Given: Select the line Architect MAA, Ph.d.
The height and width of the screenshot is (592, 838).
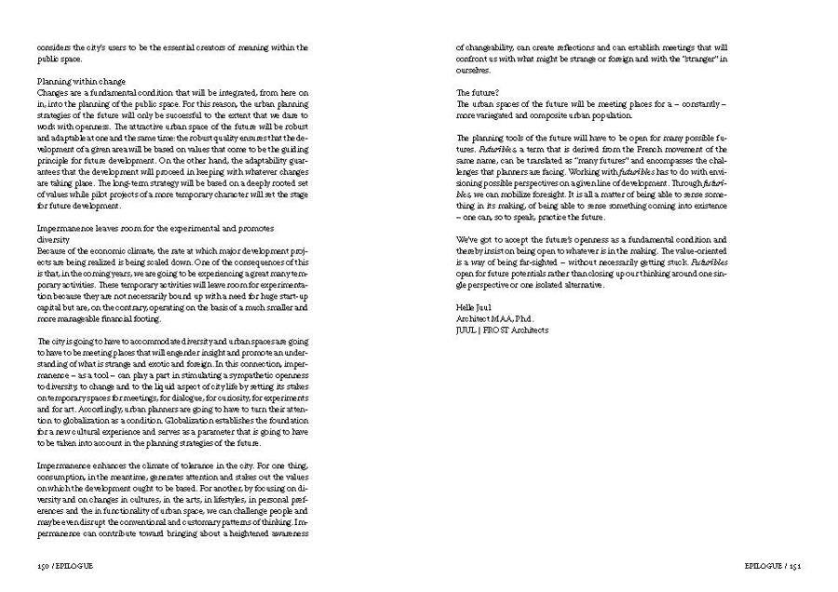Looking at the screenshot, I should (x=493, y=319).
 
